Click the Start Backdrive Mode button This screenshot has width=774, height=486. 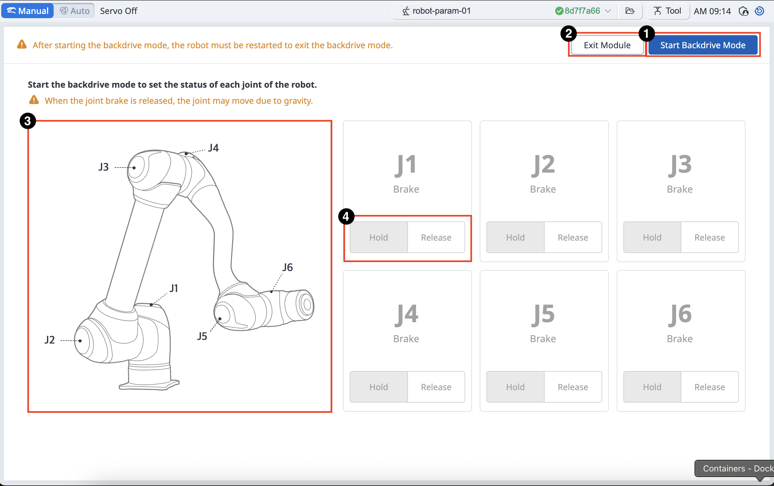tap(703, 45)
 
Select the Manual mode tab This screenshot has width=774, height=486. tap(28, 11)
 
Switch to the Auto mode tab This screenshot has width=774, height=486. tap(75, 11)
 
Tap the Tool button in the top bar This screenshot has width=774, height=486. tap(668, 11)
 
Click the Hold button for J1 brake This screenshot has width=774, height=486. tap(379, 237)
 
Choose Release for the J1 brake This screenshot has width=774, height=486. tap(436, 237)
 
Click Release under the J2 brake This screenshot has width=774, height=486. tap(573, 237)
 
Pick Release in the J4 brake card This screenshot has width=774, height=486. tap(436, 387)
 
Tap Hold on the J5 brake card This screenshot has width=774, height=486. tap(515, 387)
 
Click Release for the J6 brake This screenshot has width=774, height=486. tap(710, 387)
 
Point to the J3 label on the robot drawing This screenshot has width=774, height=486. tap(104, 167)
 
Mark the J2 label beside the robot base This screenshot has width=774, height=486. tap(50, 340)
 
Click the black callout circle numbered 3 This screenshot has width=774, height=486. tap(28, 121)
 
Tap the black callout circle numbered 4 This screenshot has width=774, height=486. tap(346, 217)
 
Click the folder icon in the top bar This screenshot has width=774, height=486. tap(630, 11)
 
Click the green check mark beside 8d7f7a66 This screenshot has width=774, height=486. tap(559, 11)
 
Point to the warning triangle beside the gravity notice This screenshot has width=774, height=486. tap(34, 100)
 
